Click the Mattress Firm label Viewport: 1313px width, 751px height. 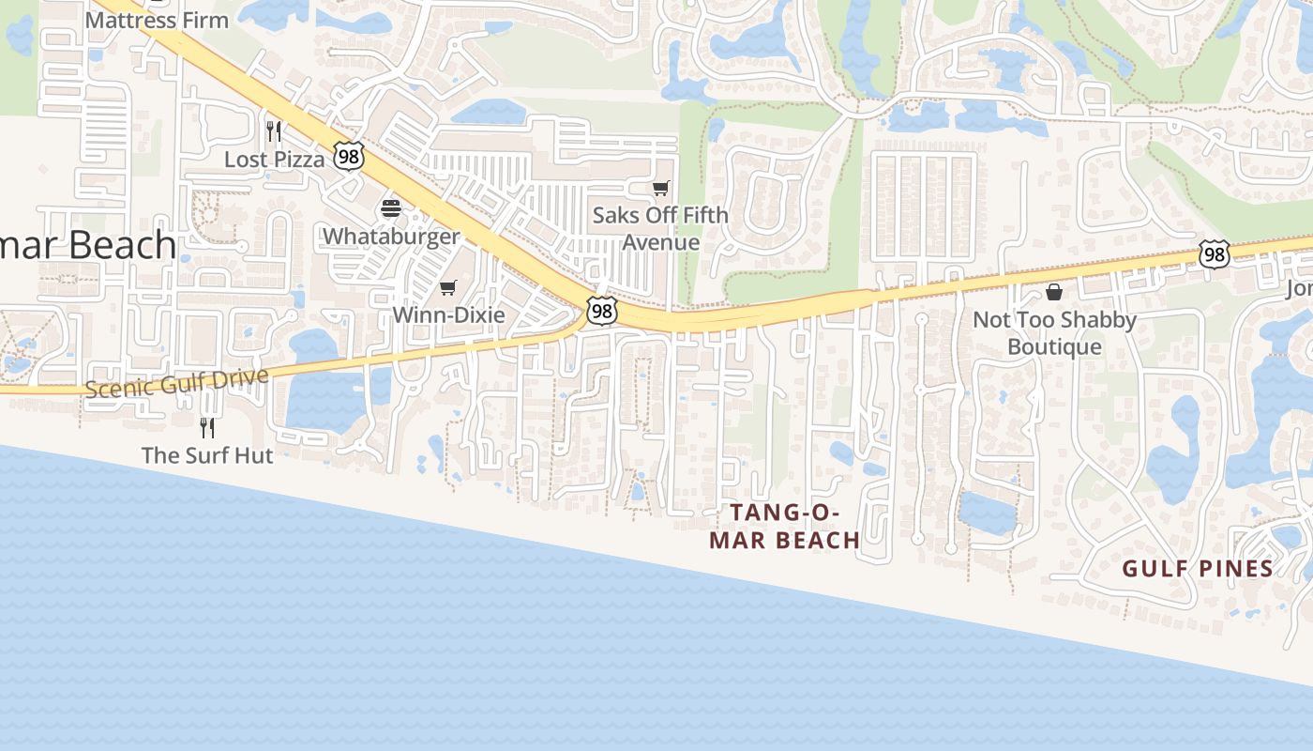157,19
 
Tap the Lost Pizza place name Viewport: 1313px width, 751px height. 274,160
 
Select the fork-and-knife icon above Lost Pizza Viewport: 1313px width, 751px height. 274,130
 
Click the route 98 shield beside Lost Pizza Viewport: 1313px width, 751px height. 349,157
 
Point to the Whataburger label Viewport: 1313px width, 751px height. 391,236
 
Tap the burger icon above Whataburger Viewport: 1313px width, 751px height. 391,208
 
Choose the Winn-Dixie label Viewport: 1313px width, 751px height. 448,314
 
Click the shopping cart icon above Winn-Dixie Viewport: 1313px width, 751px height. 448,287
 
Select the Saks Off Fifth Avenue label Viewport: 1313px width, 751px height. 660,228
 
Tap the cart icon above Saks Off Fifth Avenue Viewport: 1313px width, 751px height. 661,189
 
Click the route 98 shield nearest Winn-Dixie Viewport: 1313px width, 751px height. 601,311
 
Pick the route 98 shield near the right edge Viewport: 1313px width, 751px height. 1214,253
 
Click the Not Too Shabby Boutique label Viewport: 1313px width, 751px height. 1054,332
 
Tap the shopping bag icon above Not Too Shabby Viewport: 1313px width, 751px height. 1054,292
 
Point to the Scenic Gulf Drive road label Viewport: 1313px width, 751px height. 176,382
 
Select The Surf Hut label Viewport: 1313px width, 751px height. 207,455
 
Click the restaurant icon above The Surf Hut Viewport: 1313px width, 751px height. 207,427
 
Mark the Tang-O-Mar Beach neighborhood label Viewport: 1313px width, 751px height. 784,526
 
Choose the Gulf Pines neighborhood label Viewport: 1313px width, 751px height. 1198,568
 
